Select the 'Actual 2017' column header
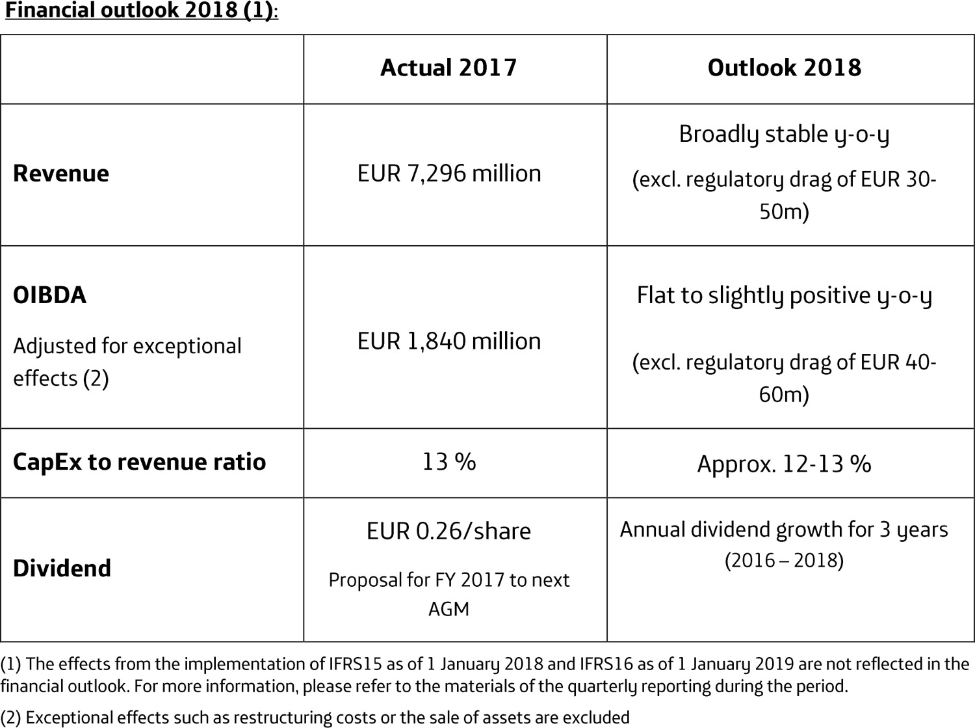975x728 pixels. coord(448,68)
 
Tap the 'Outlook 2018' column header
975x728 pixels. coord(784,68)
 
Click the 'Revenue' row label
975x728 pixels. coord(61,174)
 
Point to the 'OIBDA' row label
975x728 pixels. coord(49,295)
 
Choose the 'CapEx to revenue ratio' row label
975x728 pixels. coord(139,462)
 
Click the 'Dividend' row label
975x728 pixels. coord(62,569)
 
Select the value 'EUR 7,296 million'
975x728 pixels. coord(448,174)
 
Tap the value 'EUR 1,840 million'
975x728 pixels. coord(448,342)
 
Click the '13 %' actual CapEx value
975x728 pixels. coord(448,462)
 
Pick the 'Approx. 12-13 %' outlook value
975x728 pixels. coord(784,464)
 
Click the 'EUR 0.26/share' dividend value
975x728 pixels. coord(448,532)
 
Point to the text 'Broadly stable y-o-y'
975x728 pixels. coord(784,134)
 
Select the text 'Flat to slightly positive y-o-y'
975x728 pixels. coord(784,295)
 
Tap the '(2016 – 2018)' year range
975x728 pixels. coord(784,560)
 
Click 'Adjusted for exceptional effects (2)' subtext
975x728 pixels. coord(127,362)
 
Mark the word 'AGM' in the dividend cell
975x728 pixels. coord(448,609)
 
